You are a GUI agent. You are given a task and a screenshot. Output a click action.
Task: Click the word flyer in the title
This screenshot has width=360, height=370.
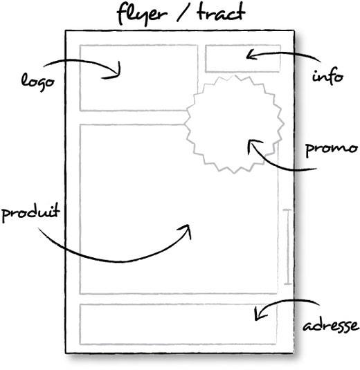(x=142, y=14)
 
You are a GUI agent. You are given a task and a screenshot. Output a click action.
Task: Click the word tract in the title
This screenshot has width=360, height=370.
(x=221, y=12)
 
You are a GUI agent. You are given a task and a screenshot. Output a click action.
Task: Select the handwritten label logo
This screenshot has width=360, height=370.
(x=38, y=82)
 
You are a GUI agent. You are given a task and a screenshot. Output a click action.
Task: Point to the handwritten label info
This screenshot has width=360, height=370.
(x=327, y=76)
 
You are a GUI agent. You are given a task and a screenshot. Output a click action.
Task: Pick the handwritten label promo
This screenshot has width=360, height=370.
(x=331, y=149)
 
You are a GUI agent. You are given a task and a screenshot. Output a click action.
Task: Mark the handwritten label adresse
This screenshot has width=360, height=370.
(x=331, y=326)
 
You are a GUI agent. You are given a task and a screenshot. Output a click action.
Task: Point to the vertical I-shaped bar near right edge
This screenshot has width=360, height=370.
(x=287, y=247)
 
